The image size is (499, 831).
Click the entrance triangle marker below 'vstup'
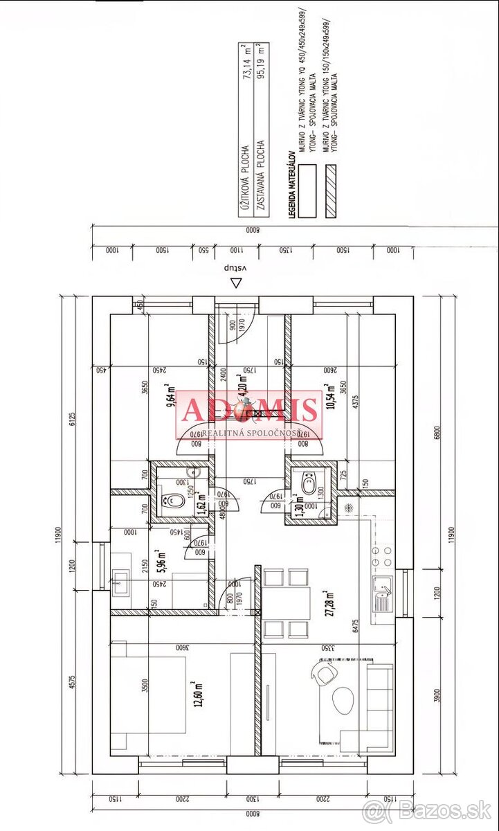click(x=237, y=283)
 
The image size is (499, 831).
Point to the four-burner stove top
click(x=382, y=556)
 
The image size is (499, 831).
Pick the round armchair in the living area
click(x=325, y=672)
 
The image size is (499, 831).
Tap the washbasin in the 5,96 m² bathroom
click(x=118, y=579)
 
